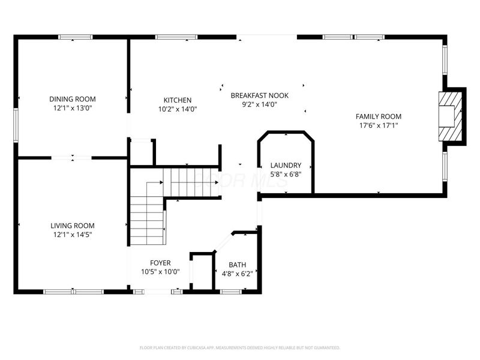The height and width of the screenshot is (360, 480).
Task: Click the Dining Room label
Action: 72,99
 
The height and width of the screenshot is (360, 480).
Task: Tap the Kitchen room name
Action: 178,100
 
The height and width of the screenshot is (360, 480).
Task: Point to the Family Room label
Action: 378,116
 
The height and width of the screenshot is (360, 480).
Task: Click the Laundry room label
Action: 285,165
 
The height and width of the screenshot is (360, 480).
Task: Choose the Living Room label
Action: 72,226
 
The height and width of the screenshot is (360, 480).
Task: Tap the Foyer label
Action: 160,263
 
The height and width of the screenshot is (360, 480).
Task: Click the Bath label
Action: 237,265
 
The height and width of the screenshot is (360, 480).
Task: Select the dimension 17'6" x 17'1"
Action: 378,125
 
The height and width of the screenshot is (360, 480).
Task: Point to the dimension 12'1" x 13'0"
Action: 72,109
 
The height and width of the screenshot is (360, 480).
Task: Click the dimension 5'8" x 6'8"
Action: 285,175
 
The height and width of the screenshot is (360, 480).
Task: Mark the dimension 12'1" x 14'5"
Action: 72,235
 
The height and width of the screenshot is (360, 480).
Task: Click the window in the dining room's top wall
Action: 75,37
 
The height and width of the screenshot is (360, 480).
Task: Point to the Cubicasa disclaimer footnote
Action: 240,347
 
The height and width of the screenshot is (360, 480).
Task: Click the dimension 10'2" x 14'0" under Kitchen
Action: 178,109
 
